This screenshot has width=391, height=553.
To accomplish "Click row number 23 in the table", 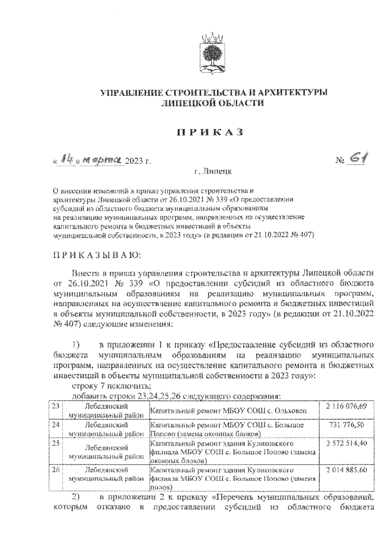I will [x=56, y=407].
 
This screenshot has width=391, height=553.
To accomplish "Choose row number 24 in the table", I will [x=56, y=424].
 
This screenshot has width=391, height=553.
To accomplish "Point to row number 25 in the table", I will [x=56, y=442].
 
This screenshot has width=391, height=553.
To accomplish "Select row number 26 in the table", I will [x=56, y=470].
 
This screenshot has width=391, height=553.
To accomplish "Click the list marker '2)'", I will [x=78, y=496].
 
